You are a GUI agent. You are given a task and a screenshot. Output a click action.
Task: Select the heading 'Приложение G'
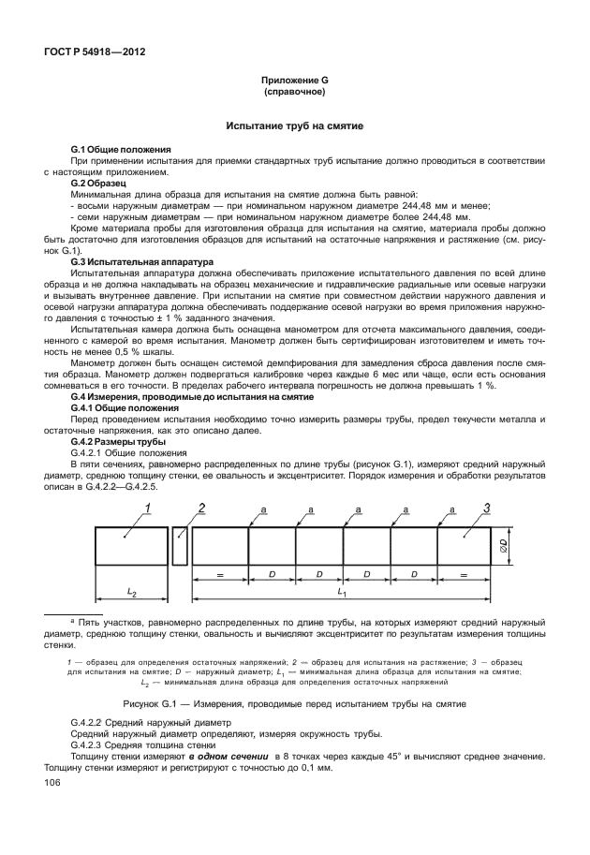tap(295, 82)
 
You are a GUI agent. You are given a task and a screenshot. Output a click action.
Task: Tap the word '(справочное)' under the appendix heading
tap(295, 94)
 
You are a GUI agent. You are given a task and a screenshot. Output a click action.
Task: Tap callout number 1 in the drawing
tap(146, 509)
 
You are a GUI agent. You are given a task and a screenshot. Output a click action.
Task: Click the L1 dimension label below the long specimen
tap(342, 592)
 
